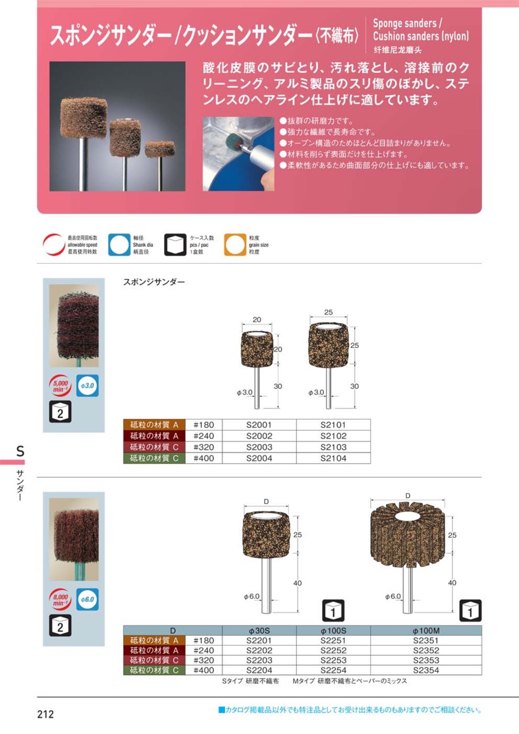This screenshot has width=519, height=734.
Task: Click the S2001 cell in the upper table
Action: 259,425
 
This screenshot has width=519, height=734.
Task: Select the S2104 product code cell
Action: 333,458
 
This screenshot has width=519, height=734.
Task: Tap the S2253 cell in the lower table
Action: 333,660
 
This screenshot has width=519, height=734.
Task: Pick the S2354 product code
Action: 426,670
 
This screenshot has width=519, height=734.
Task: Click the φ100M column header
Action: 426,631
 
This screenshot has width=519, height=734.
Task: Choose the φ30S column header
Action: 259,631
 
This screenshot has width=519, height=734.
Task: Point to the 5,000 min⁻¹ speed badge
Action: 60,385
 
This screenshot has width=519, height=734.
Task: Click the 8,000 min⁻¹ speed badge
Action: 60,600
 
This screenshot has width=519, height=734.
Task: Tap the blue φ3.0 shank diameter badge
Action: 88,385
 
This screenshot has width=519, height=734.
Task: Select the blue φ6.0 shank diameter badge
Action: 88,600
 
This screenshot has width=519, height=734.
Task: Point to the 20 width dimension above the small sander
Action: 257,320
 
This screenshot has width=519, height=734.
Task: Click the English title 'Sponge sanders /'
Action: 407,24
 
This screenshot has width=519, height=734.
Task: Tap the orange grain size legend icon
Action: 235,245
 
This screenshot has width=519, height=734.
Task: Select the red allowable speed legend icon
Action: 54,245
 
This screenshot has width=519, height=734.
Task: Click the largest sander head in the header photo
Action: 84,117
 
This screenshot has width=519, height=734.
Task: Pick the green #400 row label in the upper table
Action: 154,458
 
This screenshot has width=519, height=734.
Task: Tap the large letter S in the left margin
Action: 20,451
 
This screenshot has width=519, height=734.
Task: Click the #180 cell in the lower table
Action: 204,641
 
